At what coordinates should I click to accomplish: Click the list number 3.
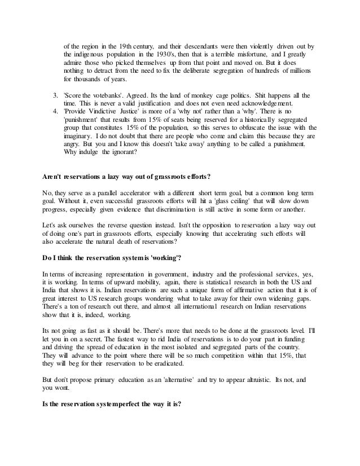(55, 95)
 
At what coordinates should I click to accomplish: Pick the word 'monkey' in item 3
(198, 95)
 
